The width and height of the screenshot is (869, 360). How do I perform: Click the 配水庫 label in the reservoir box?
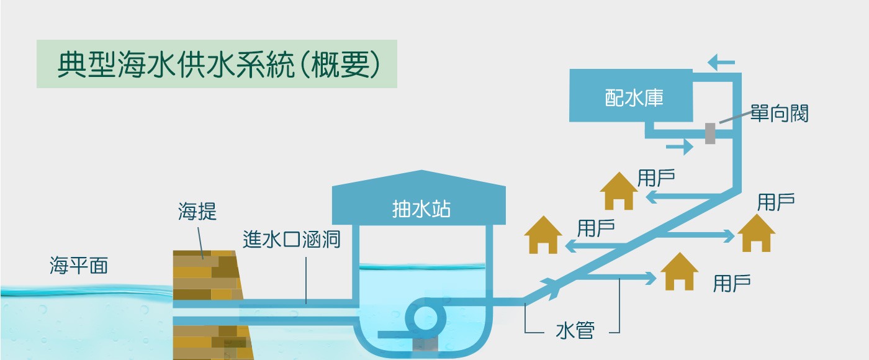(x=634, y=97)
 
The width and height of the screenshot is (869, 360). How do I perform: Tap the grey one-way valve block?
(x=710, y=133)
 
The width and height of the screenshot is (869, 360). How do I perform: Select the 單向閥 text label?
(x=780, y=113)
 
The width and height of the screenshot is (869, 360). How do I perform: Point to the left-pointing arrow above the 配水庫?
(x=721, y=62)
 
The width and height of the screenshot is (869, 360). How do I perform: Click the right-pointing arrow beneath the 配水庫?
(x=680, y=146)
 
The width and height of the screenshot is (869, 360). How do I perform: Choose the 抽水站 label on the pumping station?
(x=421, y=209)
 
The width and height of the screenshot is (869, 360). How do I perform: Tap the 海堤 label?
(x=197, y=212)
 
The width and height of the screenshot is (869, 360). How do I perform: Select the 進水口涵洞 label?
(x=291, y=240)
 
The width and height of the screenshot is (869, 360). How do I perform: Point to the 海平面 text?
(x=79, y=266)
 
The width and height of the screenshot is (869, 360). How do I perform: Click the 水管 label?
(x=575, y=330)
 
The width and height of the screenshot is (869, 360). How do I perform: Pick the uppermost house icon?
(x=619, y=191)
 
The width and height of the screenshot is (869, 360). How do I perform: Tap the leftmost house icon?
(x=543, y=235)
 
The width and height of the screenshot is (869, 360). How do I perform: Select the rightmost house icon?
(x=756, y=233)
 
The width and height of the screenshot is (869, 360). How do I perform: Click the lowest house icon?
(x=679, y=271)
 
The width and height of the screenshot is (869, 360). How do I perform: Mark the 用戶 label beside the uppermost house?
(x=656, y=178)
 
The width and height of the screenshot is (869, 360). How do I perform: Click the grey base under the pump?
(x=426, y=344)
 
